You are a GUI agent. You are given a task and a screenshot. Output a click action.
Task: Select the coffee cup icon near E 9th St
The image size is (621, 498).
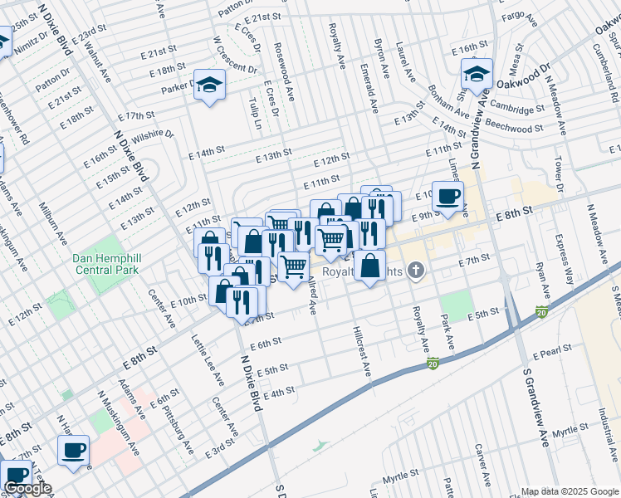[x=448, y=197]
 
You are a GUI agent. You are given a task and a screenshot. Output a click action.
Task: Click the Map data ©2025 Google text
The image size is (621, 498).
[x=569, y=491]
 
